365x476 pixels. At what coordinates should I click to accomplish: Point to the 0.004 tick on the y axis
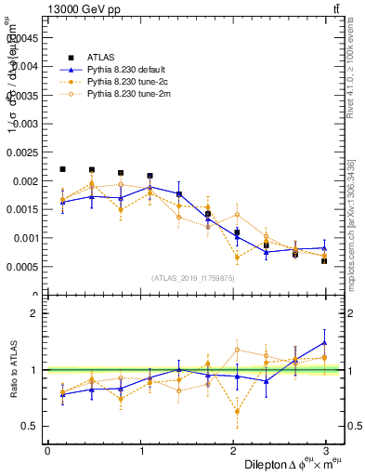(25, 66)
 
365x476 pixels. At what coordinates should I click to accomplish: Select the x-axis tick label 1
(141, 450)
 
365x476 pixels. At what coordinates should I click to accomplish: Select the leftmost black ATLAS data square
(62, 169)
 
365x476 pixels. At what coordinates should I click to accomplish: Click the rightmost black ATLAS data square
(324, 260)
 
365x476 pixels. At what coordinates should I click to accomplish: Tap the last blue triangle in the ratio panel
(324, 342)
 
